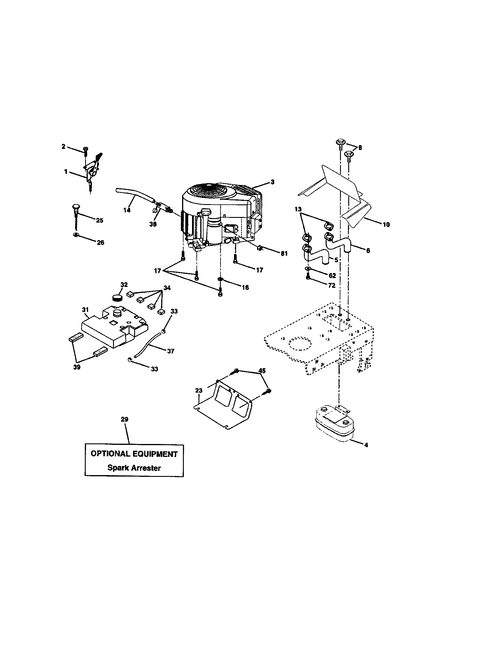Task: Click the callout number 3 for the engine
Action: [x=272, y=182]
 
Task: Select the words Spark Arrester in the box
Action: [x=134, y=468]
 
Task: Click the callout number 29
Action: [x=124, y=419]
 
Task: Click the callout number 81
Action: [x=284, y=253]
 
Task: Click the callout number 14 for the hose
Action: [x=127, y=210]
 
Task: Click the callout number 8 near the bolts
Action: [x=360, y=147]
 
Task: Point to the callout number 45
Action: [x=262, y=371]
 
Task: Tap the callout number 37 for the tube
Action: [x=171, y=351]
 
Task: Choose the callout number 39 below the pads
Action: [x=77, y=367]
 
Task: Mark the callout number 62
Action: [x=332, y=275]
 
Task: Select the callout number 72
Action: [x=332, y=286]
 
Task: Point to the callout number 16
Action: [x=245, y=287]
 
